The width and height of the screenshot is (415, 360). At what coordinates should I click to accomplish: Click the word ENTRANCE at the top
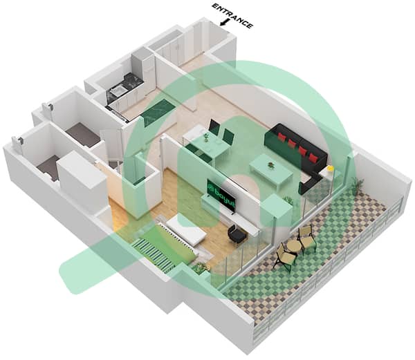pyautogui.click(x=233, y=16)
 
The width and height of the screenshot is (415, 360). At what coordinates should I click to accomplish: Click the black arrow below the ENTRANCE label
pyautogui.click(x=224, y=23)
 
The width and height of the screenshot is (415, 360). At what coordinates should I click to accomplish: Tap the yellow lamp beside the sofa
pyautogui.click(x=330, y=168)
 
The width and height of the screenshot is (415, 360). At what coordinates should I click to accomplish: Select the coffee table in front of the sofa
pyautogui.click(x=270, y=170)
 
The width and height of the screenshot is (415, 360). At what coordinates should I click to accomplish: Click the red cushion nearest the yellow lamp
pyautogui.click(x=313, y=158)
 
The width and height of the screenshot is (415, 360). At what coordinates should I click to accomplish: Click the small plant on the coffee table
pyautogui.click(x=270, y=164)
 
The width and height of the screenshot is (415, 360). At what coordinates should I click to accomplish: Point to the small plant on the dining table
pyautogui.click(x=206, y=137)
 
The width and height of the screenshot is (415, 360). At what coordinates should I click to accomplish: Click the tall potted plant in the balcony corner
pyautogui.click(x=358, y=184)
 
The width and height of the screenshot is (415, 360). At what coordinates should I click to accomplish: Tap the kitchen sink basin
pyautogui.click(x=114, y=92)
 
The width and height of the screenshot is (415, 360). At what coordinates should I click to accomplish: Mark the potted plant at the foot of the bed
pyautogui.click(x=200, y=267)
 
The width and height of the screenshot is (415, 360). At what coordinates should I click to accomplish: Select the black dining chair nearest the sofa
pyautogui.click(x=228, y=137)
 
